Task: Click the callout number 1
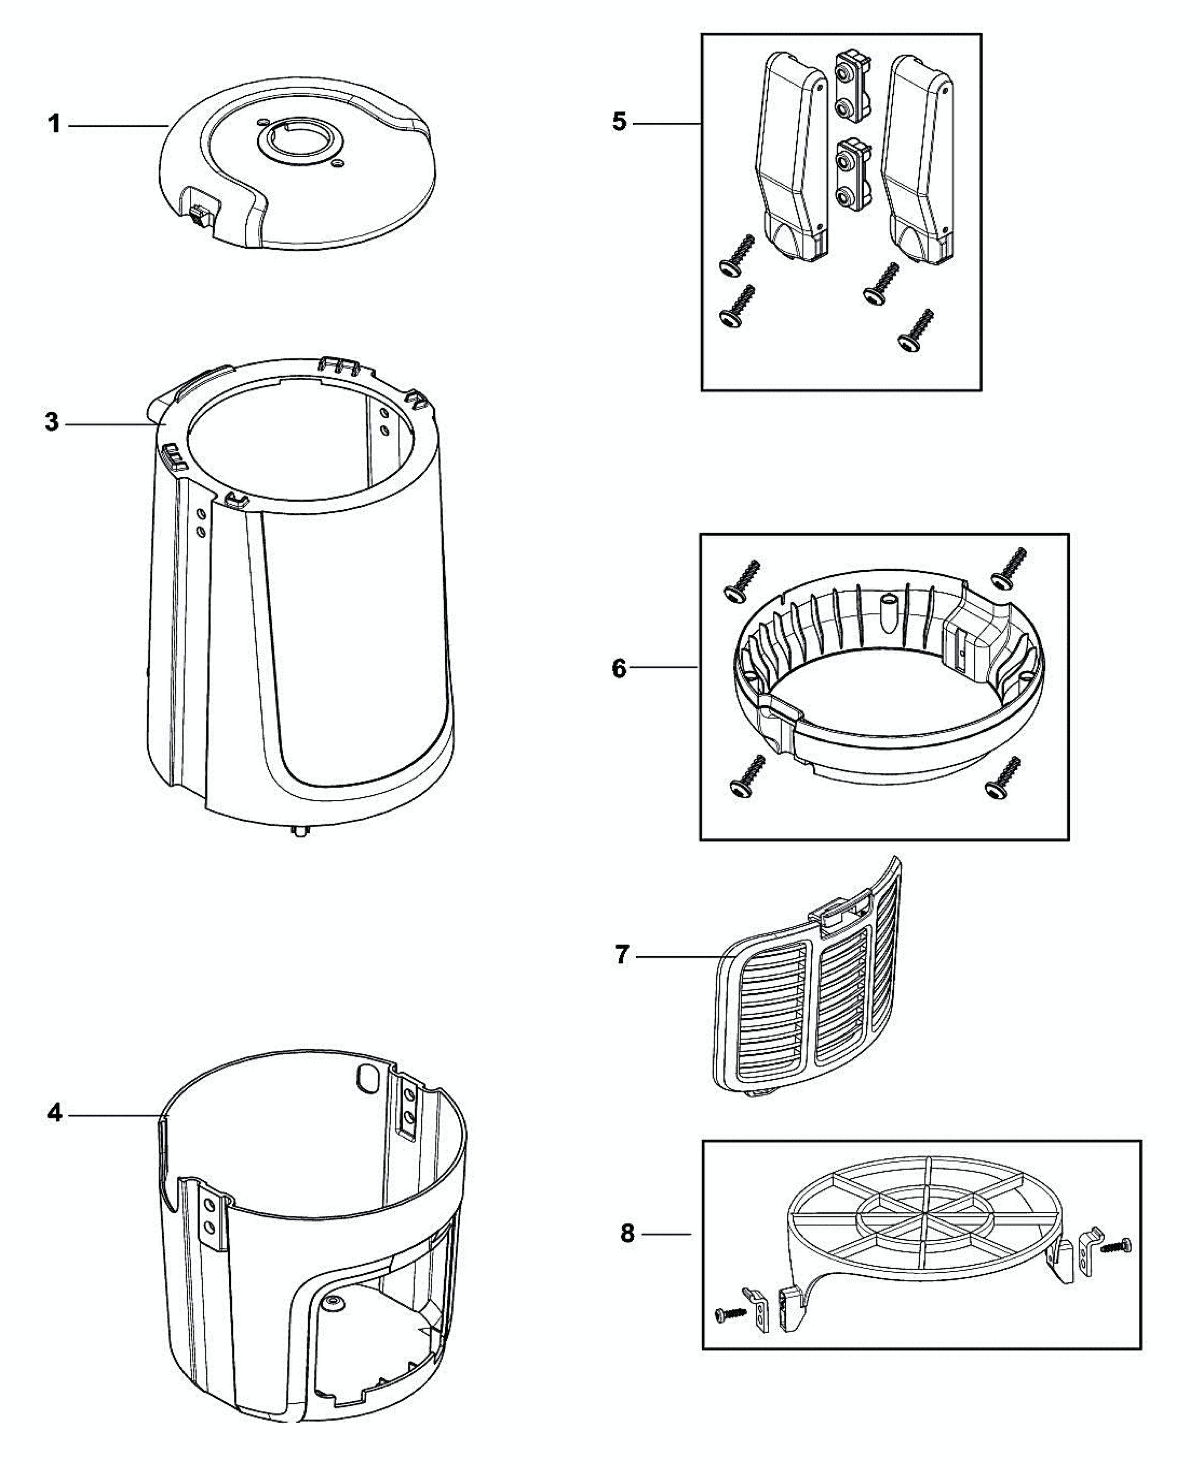(x=54, y=125)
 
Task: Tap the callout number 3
(x=52, y=422)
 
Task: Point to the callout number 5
(x=619, y=122)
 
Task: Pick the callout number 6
(x=619, y=668)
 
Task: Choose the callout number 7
(x=621, y=955)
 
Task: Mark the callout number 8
(x=627, y=1233)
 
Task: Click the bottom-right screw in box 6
(x=1003, y=776)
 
